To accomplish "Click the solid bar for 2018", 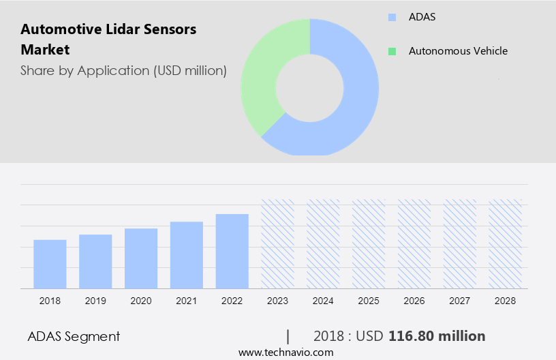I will (x=50, y=264).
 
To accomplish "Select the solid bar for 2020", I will (x=141, y=258).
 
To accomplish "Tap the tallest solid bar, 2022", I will (x=232, y=251).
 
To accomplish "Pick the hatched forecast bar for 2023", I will (x=278, y=243).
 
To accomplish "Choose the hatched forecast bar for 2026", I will (x=414, y=243).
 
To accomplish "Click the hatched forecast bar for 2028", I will (x=506, y=243).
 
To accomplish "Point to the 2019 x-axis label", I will (x=95, y=301).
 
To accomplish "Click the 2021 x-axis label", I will (x=187, y=301).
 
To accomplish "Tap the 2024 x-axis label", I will (x=323, y=301).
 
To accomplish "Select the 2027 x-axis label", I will (x=460, y=301).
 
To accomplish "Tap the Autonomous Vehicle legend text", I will (x=457, y=51).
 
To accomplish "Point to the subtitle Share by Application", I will (x=123, y=70).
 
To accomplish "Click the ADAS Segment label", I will (x=74, y=336).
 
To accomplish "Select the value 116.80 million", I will (x=436, y=336).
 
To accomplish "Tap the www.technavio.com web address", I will (x=285, y=352).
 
